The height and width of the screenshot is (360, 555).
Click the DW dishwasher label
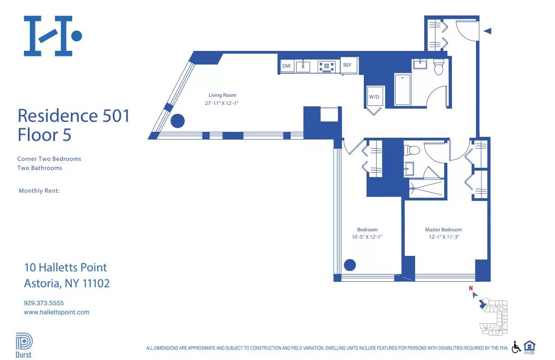point(286,66)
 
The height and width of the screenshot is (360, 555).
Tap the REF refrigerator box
point(347,65)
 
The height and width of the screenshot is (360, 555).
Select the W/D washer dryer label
point(374,97)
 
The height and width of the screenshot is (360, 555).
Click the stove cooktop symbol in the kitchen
point(327,67)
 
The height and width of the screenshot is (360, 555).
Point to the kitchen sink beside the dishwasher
point(303,67)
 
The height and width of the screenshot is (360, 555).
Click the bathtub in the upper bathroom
point(402,90)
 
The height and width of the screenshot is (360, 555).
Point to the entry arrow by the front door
point(487,31)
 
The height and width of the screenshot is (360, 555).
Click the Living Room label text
point(223,95)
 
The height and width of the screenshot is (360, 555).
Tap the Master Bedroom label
point(443,230)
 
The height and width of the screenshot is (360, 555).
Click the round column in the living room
point(177,121)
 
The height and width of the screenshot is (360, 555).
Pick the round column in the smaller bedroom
point(350,265)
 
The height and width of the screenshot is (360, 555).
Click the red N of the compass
point(471,288)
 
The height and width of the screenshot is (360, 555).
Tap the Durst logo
point(24,345)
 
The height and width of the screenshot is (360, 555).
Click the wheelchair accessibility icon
point(516,347)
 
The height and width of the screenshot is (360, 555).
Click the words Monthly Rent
point(39,191)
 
